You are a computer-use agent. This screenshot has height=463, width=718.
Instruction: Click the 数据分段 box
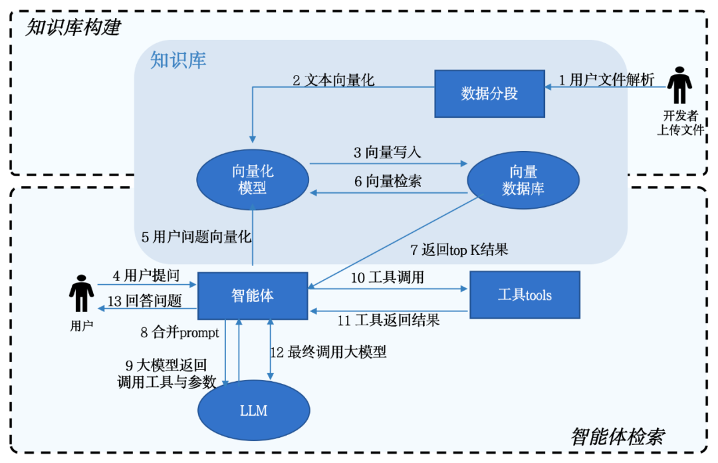click(489, 93)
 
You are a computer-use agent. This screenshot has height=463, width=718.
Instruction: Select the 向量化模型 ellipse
click(253, 180)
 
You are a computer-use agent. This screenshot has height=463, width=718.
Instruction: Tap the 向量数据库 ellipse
click(523, 180)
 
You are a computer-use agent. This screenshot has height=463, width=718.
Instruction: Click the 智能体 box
click(253, 295)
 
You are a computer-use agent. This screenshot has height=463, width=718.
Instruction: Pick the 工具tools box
click(525, 295)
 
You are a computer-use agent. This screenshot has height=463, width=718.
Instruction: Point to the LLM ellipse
click(253, 410)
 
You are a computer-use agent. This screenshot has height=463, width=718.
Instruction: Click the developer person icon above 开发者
click(679, 84)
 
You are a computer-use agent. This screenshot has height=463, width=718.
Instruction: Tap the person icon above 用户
click(82, 293)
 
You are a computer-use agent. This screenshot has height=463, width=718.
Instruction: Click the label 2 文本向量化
click(333, 80)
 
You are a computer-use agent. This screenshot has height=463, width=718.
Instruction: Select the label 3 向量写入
click(387, 152)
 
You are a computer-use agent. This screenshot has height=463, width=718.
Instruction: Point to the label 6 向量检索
click(387, 181)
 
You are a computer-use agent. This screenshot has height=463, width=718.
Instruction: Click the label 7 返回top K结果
click(459, 250)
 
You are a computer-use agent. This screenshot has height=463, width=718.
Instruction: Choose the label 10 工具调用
click(388, 277)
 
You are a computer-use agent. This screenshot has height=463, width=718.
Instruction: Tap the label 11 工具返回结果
click(388, 321)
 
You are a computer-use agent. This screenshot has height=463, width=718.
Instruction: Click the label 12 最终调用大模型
click(328, 353)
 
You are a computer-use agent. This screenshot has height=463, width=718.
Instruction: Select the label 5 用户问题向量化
click(196, 236)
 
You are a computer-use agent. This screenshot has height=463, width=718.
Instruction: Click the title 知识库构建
click(73, 27)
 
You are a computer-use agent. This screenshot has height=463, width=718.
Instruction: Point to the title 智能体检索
click(617, 437)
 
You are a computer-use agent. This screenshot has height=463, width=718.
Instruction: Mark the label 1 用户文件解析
click(606, 80)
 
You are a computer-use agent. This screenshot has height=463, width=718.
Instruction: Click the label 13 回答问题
click(144, 301)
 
